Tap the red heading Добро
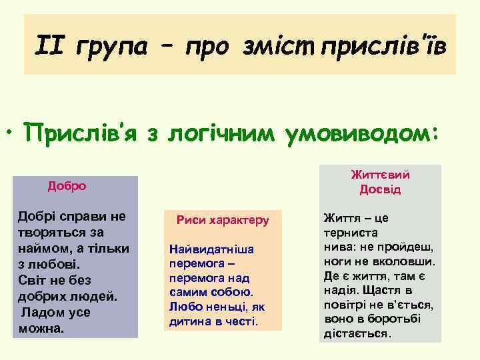(x=67, y=186)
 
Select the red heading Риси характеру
(x=223, y=219)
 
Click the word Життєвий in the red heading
(x=380, y=175)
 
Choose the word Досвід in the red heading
(x=380, y=190)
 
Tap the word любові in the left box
(x=51, y=265)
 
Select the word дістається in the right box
(x=357, y=333)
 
